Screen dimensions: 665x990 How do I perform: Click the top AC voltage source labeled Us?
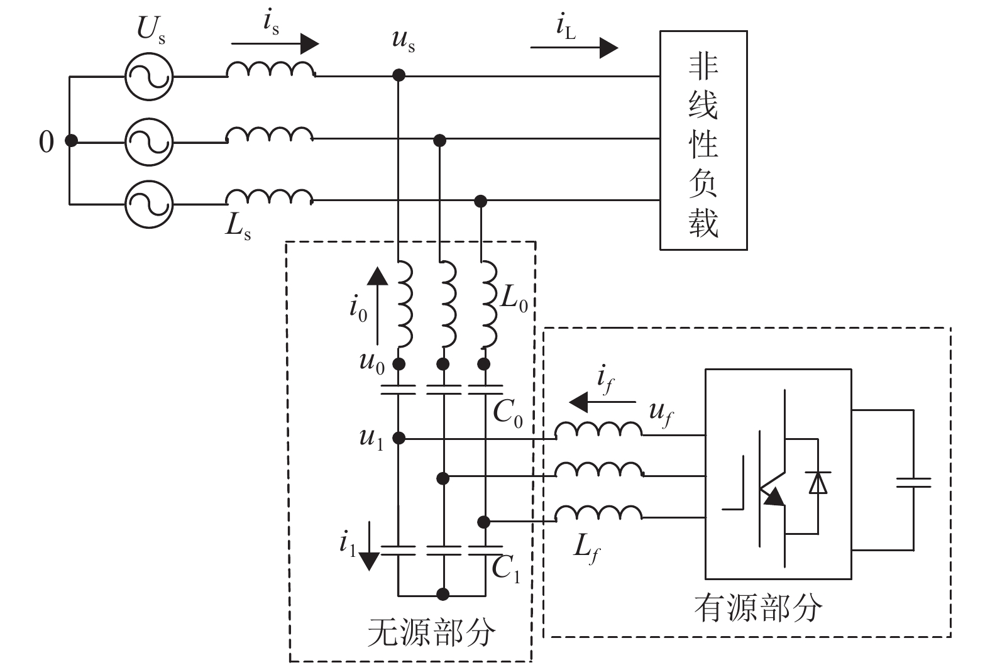pos(148,77)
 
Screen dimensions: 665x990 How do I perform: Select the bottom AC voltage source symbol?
pos(148,204)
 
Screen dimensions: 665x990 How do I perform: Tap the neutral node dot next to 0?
pos(71,141)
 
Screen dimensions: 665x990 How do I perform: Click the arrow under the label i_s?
pos(275,44)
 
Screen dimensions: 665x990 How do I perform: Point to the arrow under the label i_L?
pos(574,47)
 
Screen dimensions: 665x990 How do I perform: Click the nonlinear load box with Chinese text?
pos(703,140)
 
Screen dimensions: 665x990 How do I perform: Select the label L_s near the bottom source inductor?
pos(238,226)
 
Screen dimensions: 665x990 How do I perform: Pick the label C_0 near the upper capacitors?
pos(507,413)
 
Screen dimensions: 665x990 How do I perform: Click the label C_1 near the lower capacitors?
pos(505,569)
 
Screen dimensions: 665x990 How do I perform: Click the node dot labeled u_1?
pos(398,438)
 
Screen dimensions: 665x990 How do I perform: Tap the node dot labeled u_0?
pos(398,364)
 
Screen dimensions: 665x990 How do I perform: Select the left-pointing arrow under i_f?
pos(602,402)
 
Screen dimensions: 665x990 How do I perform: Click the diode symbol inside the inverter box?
pos(818,482)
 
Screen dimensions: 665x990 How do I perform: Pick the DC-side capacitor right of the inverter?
pos(913,482)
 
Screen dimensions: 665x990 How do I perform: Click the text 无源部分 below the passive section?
pos(431,632)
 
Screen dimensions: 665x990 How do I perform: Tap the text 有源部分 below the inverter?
pos(758,608)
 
